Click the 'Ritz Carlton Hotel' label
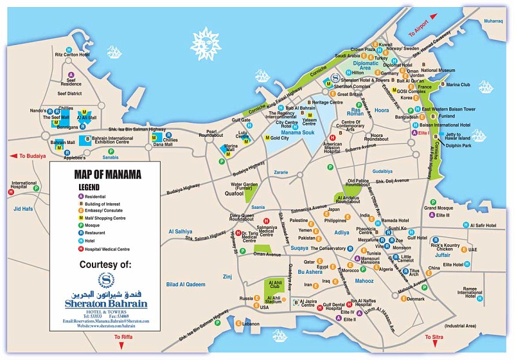tap(69, 55)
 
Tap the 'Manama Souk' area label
tap(296, 132)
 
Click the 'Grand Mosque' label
tap(439, 208)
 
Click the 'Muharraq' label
tap(493, 21)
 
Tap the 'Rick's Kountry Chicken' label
tap(445, 248)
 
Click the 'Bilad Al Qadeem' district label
tap(186, 284)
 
